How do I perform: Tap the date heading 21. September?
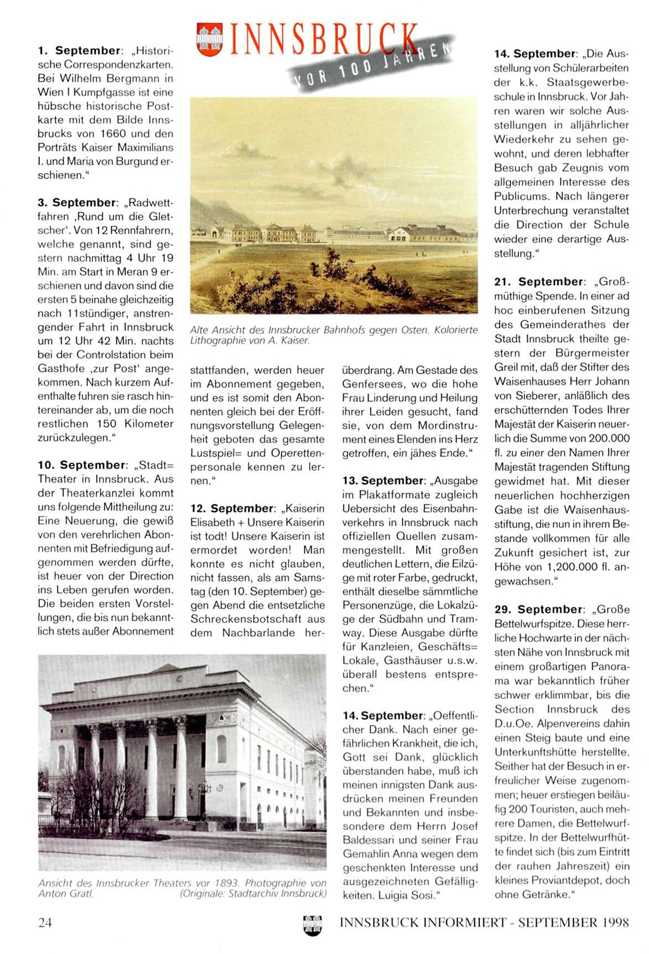pyautogui.click(x=539, y=282)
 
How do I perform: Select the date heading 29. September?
pyautogui.click(x=539, y=609)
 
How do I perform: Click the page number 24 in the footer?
pyautogui.click(x=45, y=922)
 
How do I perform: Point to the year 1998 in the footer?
pyautogui.click(x=614, y=922)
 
